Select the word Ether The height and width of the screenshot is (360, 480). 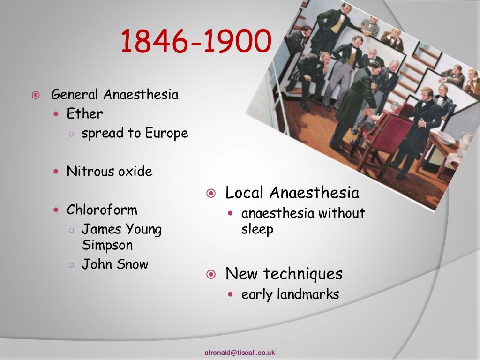[85, 114]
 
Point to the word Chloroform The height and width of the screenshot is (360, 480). [102, 210]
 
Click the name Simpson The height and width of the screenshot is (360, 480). [107, 246]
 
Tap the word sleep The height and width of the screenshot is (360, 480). [257, 230]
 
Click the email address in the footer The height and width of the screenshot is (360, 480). [240, 352]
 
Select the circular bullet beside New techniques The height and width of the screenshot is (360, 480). [211, 274]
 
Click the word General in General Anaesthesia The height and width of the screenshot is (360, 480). [75, 95]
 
